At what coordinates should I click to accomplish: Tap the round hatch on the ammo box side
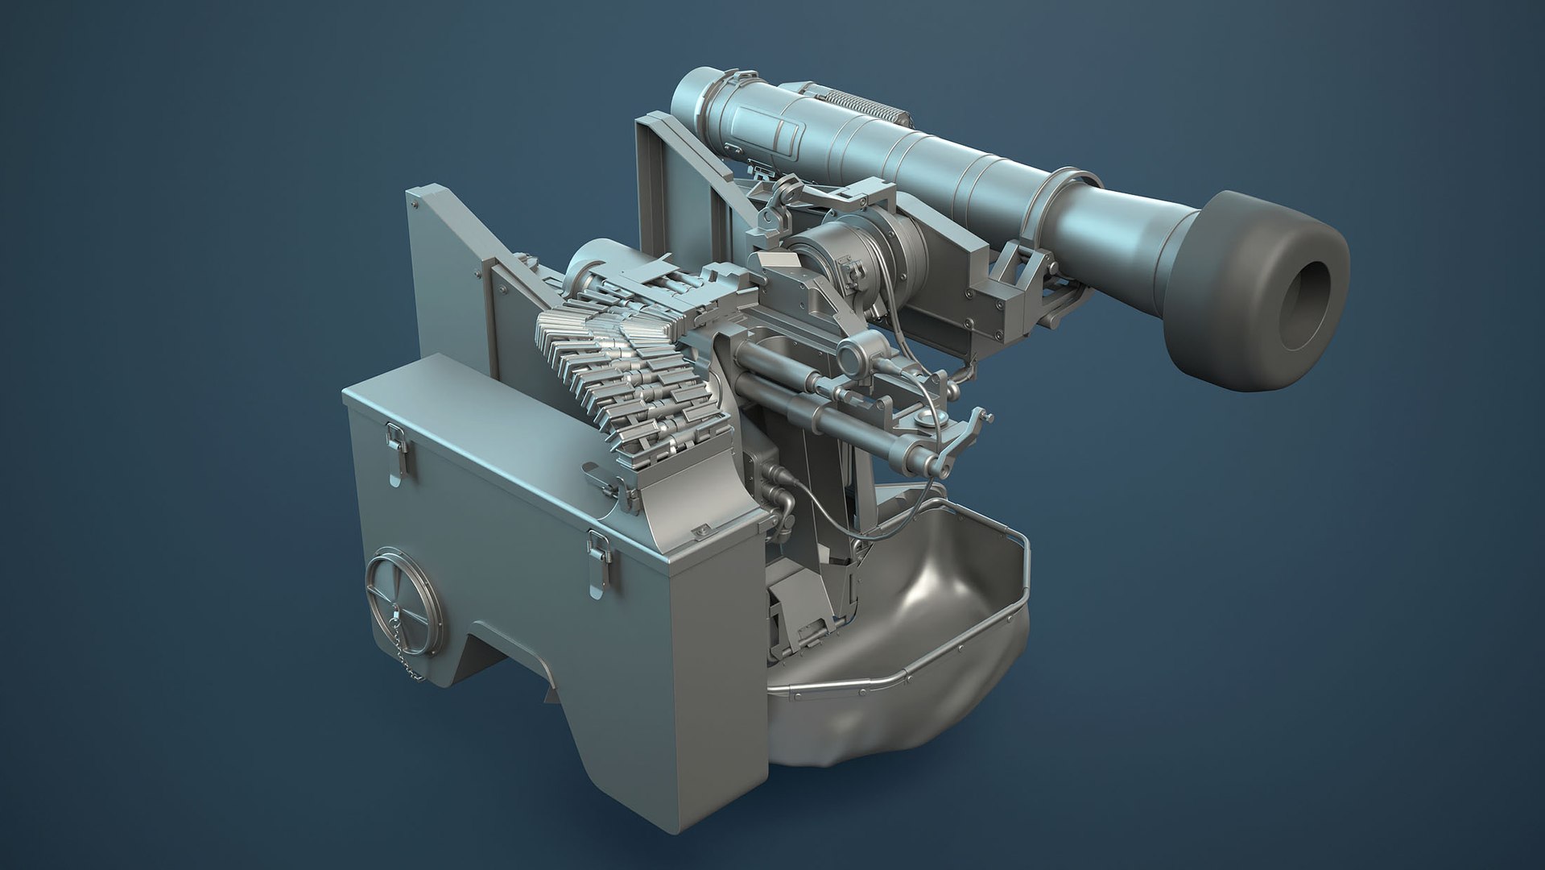(x=403, y=594)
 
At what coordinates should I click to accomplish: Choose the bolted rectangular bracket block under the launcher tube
(x=998, y=306)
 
